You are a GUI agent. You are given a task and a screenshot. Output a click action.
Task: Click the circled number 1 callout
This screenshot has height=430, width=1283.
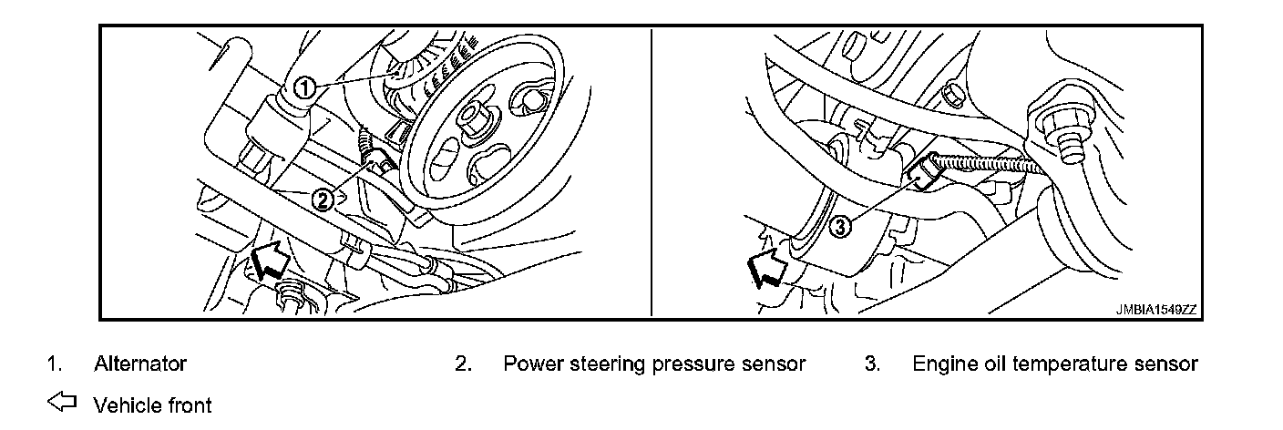[x=304, y=87]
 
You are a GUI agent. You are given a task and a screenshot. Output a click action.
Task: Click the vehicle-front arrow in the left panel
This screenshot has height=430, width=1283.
[x=267, y=261]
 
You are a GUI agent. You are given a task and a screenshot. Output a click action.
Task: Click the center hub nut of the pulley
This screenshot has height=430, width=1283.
[x=473, y=117]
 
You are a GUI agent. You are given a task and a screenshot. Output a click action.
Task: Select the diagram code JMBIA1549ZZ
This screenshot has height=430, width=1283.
[x=1155, y=310]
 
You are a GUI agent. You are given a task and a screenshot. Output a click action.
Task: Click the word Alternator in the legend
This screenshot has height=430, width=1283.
[x=140, y=364]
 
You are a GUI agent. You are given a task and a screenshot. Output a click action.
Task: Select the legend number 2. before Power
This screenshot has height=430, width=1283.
[x=463, y=364]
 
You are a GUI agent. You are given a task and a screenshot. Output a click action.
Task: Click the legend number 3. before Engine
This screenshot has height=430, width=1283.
[x=872, y=364]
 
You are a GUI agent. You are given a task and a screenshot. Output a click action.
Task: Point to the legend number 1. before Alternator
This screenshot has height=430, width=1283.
[x=54, y=364]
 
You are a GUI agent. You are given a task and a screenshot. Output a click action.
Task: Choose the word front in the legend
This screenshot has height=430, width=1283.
[x=188, y=404]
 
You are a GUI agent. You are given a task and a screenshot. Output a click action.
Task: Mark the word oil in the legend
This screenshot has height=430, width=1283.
[x=987, y=364]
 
